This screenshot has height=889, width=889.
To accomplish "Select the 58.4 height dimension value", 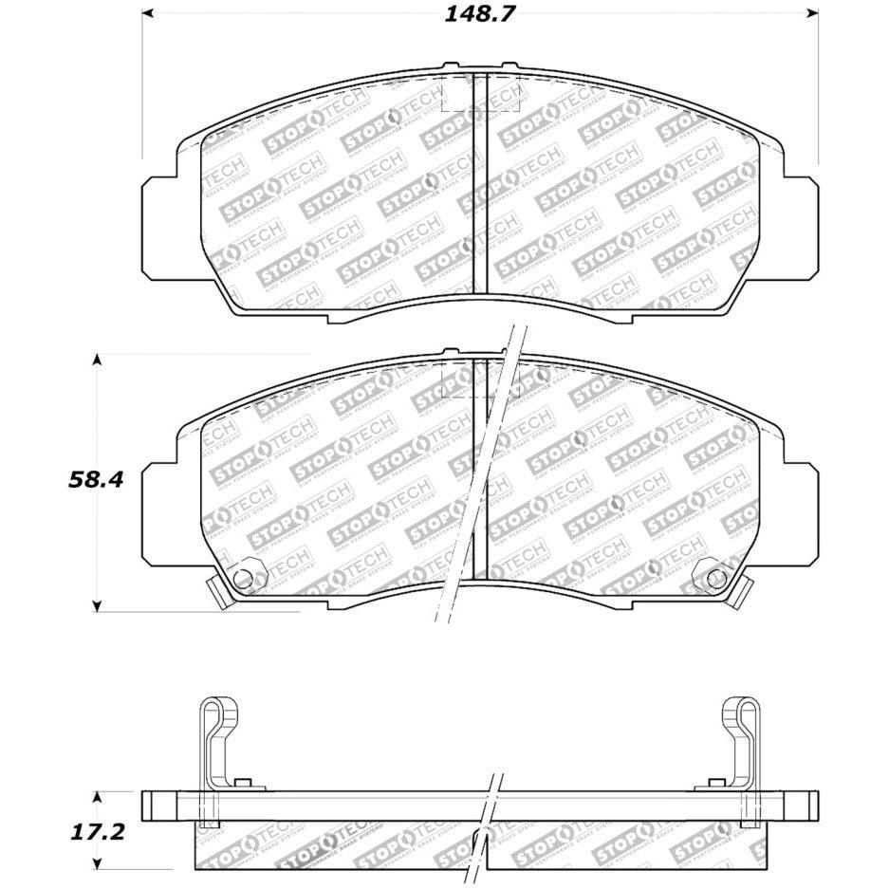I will [96, 479].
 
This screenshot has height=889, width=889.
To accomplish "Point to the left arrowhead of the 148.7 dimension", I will [148, 14].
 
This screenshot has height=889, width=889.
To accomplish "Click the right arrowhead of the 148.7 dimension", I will [811, 14].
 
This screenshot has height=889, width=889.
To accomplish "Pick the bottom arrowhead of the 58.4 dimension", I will [97, 603].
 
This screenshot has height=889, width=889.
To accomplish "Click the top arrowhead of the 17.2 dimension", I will [97, 795].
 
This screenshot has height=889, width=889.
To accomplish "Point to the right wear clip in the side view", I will [741, 741].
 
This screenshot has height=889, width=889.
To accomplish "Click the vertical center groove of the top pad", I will [480, 185].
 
